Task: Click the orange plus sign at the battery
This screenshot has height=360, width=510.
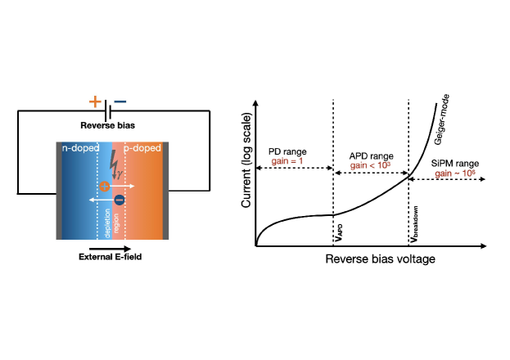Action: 95,103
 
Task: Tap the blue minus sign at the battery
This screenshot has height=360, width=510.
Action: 120,103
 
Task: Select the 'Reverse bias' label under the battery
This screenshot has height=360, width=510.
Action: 108,125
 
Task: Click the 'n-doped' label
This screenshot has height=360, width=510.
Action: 79,149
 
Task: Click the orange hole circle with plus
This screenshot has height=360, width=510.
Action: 104,187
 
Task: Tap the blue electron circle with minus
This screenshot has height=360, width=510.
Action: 120,200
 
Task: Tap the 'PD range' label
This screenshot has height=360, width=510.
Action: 287,151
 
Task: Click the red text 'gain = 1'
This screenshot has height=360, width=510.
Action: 287,161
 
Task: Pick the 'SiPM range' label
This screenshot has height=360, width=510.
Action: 455,164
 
